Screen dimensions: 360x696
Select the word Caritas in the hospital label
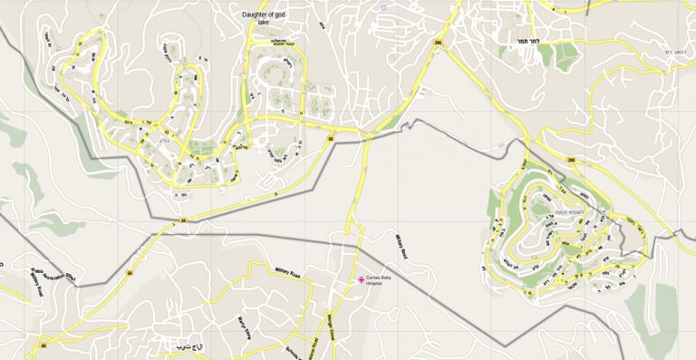[374, 278]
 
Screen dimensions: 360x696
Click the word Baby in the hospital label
[388, 278]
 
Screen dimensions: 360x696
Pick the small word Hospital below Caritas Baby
[374, 285]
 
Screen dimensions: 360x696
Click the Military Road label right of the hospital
[403, 247]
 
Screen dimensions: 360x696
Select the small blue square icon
[383, 8]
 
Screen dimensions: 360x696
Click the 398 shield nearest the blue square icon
[439, 43]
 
